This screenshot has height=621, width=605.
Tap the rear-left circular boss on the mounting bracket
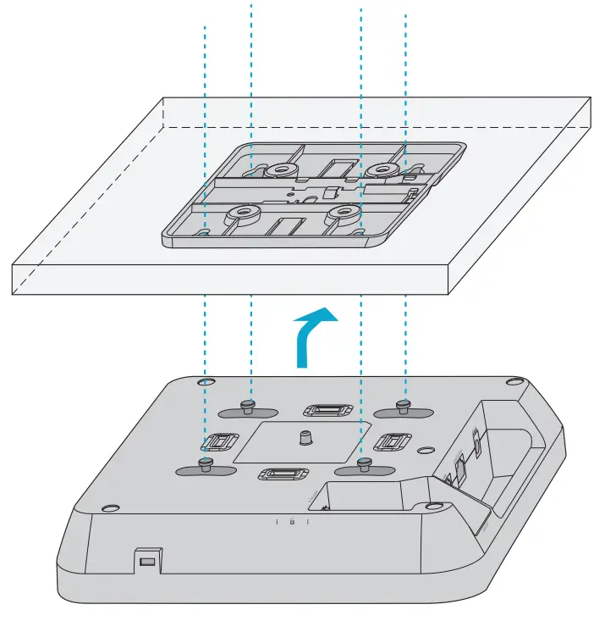276,171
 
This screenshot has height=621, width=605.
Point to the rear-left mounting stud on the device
250,405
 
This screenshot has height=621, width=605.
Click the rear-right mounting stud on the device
405,405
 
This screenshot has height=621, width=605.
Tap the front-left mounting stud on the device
205,463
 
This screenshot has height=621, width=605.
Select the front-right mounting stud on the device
364,463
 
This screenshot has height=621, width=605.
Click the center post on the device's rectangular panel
304,437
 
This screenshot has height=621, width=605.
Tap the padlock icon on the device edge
292,521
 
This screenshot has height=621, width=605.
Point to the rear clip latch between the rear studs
325,412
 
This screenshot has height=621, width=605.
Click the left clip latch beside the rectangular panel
220,442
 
